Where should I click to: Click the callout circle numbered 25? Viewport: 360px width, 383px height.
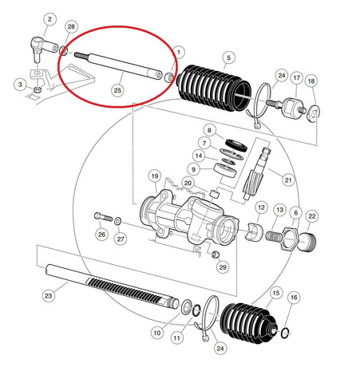point(117,90)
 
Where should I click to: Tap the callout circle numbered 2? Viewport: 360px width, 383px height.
point(49,19)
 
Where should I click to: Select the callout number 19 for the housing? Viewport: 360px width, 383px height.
point(155,176)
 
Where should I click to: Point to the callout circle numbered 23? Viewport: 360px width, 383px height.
point(49,295)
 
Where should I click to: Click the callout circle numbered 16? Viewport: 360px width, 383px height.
point(294,297)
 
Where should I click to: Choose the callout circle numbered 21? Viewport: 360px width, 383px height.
point(288,180)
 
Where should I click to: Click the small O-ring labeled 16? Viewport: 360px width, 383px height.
point(285,332)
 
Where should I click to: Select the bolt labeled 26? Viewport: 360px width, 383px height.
point(104,217)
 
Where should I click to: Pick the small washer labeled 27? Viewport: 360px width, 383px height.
point(117,221)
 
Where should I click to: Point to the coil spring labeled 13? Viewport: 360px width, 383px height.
point(273,236)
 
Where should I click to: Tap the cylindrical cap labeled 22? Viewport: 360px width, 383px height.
point(308,242)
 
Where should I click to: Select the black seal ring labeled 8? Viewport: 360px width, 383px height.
point(236,145)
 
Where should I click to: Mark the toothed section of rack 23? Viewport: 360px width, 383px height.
point(126,291)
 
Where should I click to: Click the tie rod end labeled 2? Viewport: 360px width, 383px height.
point(43,48)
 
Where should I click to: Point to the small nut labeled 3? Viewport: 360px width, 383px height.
point(38,89)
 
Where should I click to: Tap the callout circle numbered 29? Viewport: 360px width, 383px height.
point(223,267)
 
